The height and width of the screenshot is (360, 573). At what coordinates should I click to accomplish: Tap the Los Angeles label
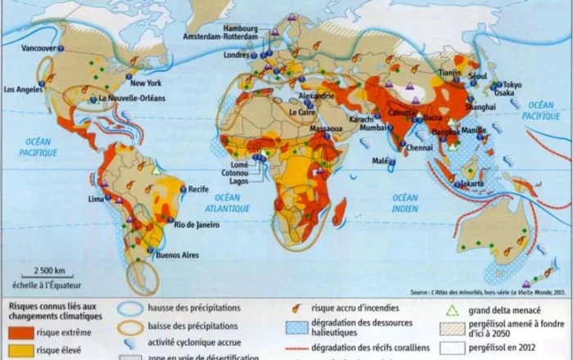pos(23,89)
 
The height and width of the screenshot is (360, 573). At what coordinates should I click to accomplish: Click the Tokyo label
pos(512,85)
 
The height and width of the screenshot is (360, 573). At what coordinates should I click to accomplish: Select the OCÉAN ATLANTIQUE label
pos(223,204)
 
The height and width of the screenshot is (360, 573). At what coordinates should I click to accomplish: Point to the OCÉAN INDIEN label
pos(404,204)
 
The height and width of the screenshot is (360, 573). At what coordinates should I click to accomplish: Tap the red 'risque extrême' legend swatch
pos(23,332)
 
